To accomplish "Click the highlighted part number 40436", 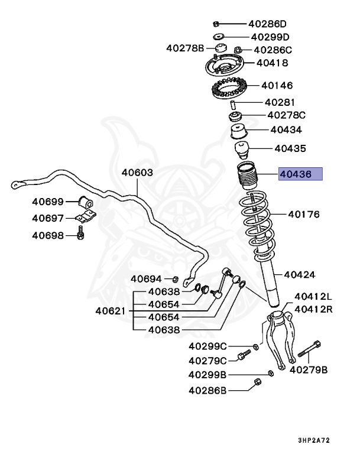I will pos(300,174).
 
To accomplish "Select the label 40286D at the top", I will pos(267,24).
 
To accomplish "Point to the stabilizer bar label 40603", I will pos(137,173).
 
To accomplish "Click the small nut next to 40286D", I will pos(216,24).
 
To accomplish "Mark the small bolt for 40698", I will pos(81,235).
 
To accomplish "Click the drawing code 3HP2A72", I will pos(315,440).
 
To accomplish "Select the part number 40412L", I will pos(313,296).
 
